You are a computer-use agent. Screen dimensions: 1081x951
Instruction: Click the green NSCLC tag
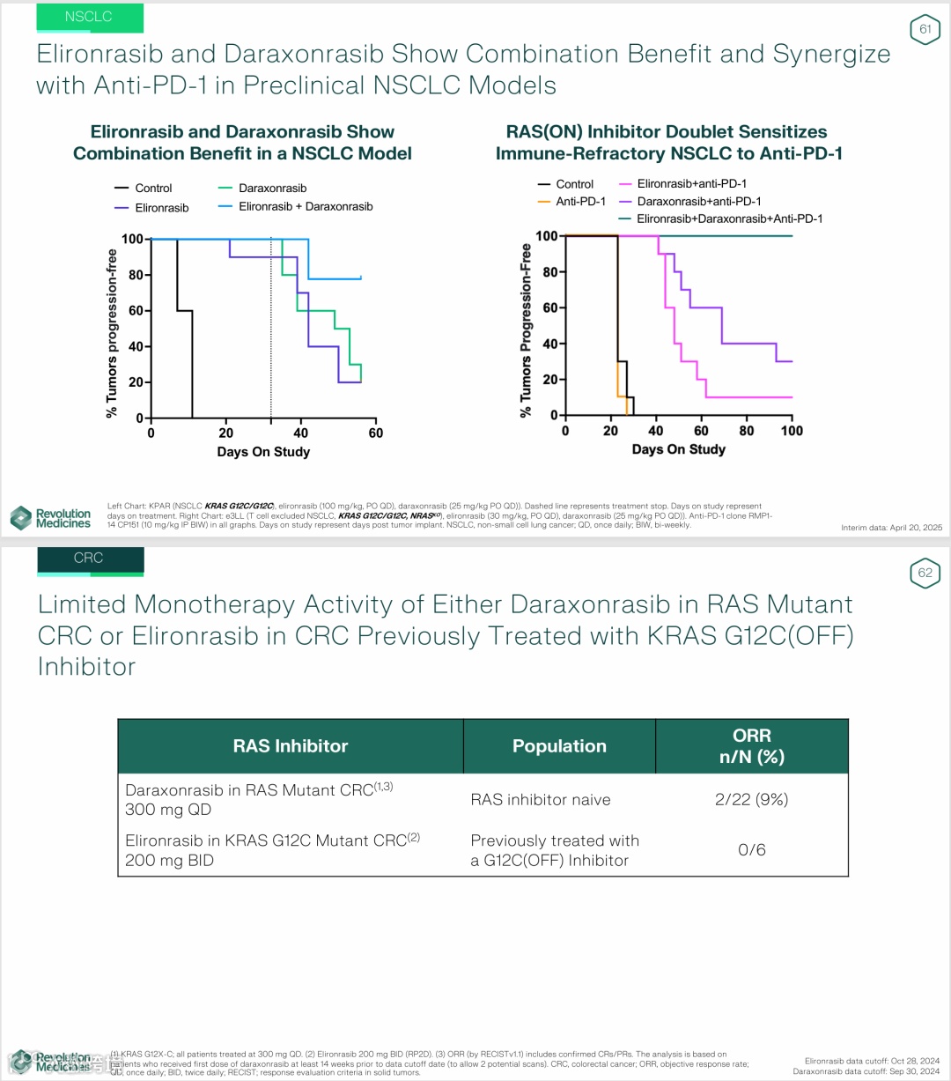tap(89, 17)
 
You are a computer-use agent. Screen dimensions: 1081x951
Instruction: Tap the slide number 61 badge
tap(925, 30)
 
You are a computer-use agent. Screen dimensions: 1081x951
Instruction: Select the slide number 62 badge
tap(925, 573)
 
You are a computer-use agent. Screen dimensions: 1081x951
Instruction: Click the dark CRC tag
tap(89, 559)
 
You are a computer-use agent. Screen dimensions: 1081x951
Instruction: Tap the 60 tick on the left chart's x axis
tap(376, 433)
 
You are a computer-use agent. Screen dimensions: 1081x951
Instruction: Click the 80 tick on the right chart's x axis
tap(747, 431)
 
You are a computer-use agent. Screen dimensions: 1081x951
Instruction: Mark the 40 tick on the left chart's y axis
tap(136, 346)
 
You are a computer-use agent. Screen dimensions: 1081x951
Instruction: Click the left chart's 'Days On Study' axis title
tap(263, 452)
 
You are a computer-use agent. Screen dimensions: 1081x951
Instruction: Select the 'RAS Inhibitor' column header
tap(291, 746)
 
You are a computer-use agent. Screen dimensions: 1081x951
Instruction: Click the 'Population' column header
tap(559, 746)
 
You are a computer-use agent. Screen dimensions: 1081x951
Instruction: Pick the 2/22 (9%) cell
tap(751, 800)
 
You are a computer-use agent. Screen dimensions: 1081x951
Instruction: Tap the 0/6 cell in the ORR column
tap(751, 850)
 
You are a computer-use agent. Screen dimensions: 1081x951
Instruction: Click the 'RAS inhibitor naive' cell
tap(540, 800)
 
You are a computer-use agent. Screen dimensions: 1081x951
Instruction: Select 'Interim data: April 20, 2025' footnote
tap(891, 528)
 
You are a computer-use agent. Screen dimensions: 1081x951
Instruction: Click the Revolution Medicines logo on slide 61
tap(51, 518)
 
